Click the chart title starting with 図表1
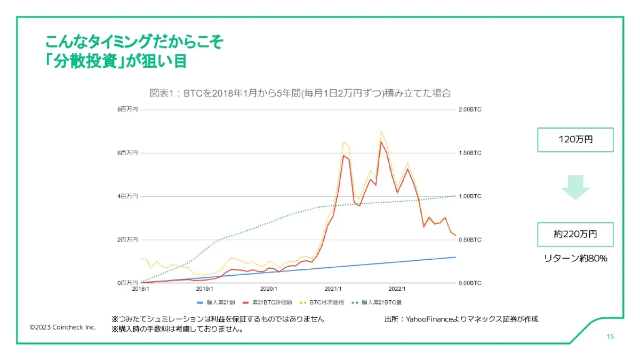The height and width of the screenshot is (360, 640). pyautogui.click(x=300, y=93)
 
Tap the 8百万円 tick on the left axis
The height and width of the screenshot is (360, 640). pyautogui.click(x=127, y=109)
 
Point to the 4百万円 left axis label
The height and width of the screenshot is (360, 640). pyautogui.click(x=127, y=196)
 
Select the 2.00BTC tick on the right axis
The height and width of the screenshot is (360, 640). pyautogui.click(x=470, y=109)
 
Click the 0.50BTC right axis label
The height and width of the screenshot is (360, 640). pyautogui.click(x=470, y=239)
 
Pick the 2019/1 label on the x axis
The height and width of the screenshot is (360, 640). pyautogui.click(x=205, y=289)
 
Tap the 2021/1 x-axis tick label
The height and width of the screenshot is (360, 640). pyautogui.click(x=333, y=289)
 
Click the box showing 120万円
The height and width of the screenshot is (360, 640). pyautogui.click(x=575, y=140)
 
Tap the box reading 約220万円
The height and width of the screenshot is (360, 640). pyautogui.click(x=575, y=234)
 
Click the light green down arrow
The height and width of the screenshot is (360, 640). pyautogui.click(x=575, y=187)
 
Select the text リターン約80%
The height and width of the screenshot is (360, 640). pyautogui.click(x=575, y=258)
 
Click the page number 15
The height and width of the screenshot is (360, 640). pyautogui.click(x=610, y=337)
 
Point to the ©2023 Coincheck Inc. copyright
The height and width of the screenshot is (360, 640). pyautogui.click(x=63, y=327)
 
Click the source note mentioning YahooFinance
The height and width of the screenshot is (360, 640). pyautogui.click(x=461, y=319)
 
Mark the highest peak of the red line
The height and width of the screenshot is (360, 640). pyautogui.click(x=381, y=141)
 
